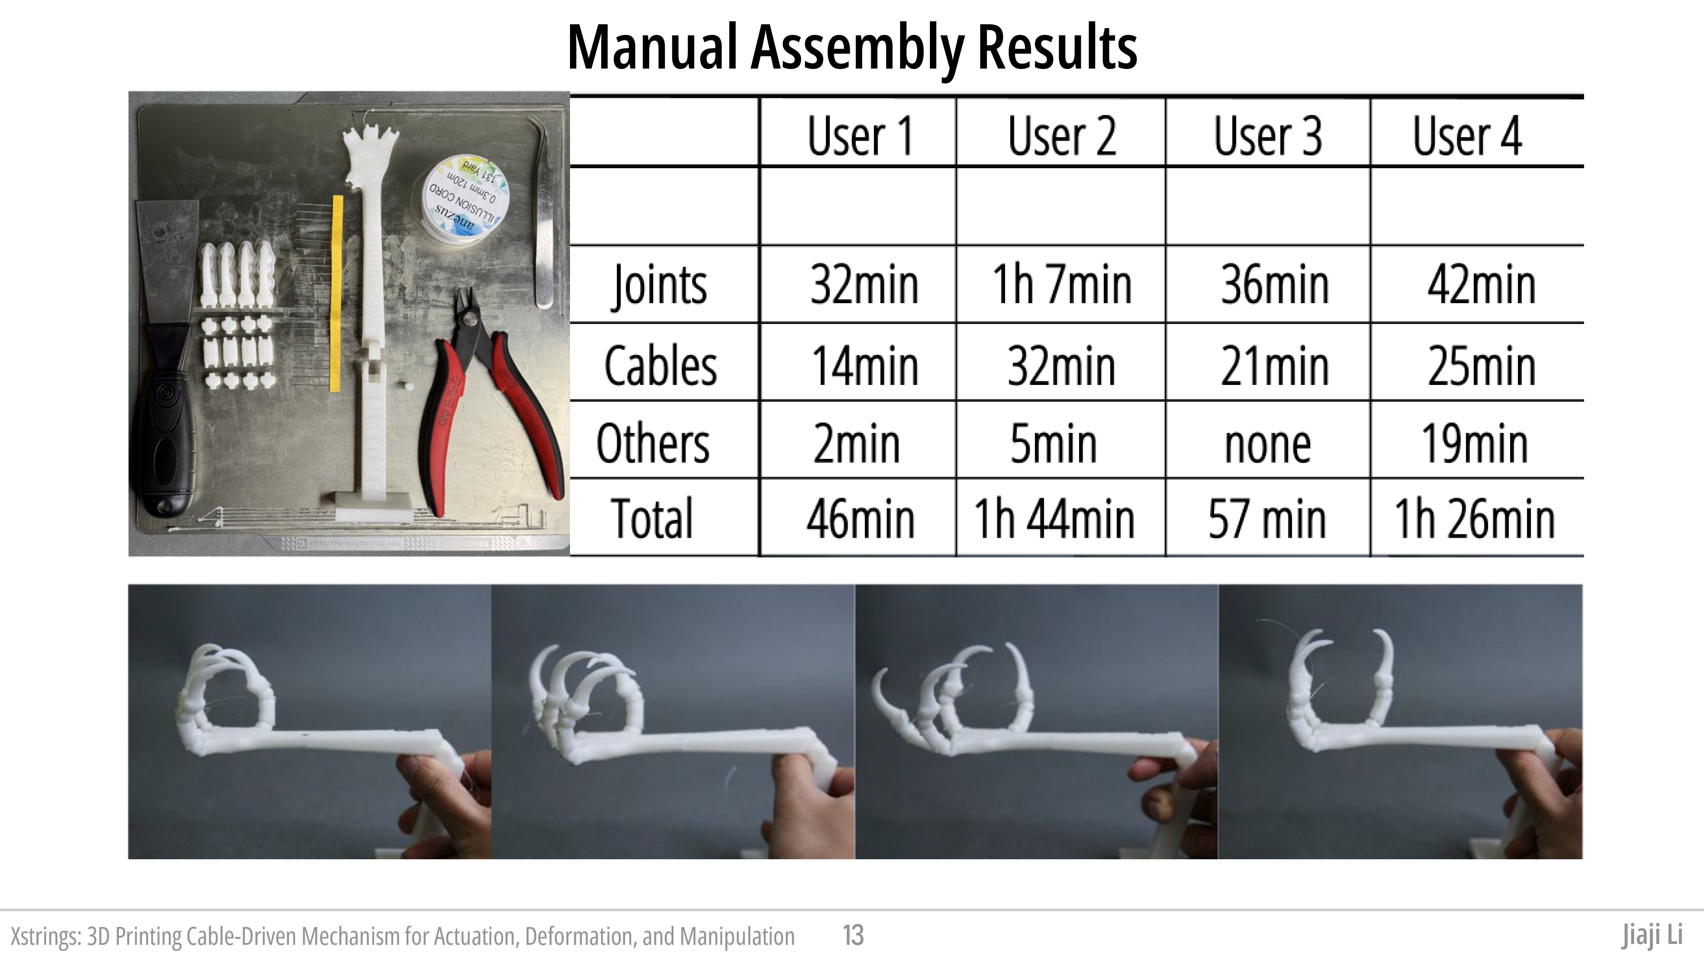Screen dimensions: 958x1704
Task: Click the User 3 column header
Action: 1267,135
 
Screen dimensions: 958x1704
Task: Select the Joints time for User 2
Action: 1062,284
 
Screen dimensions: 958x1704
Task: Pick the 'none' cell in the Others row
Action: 1267,444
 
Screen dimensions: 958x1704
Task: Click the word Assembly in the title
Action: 857,48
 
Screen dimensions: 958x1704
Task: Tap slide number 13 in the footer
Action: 853,935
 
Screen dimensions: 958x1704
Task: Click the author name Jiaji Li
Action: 1652,935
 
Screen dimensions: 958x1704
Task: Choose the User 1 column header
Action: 860,135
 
